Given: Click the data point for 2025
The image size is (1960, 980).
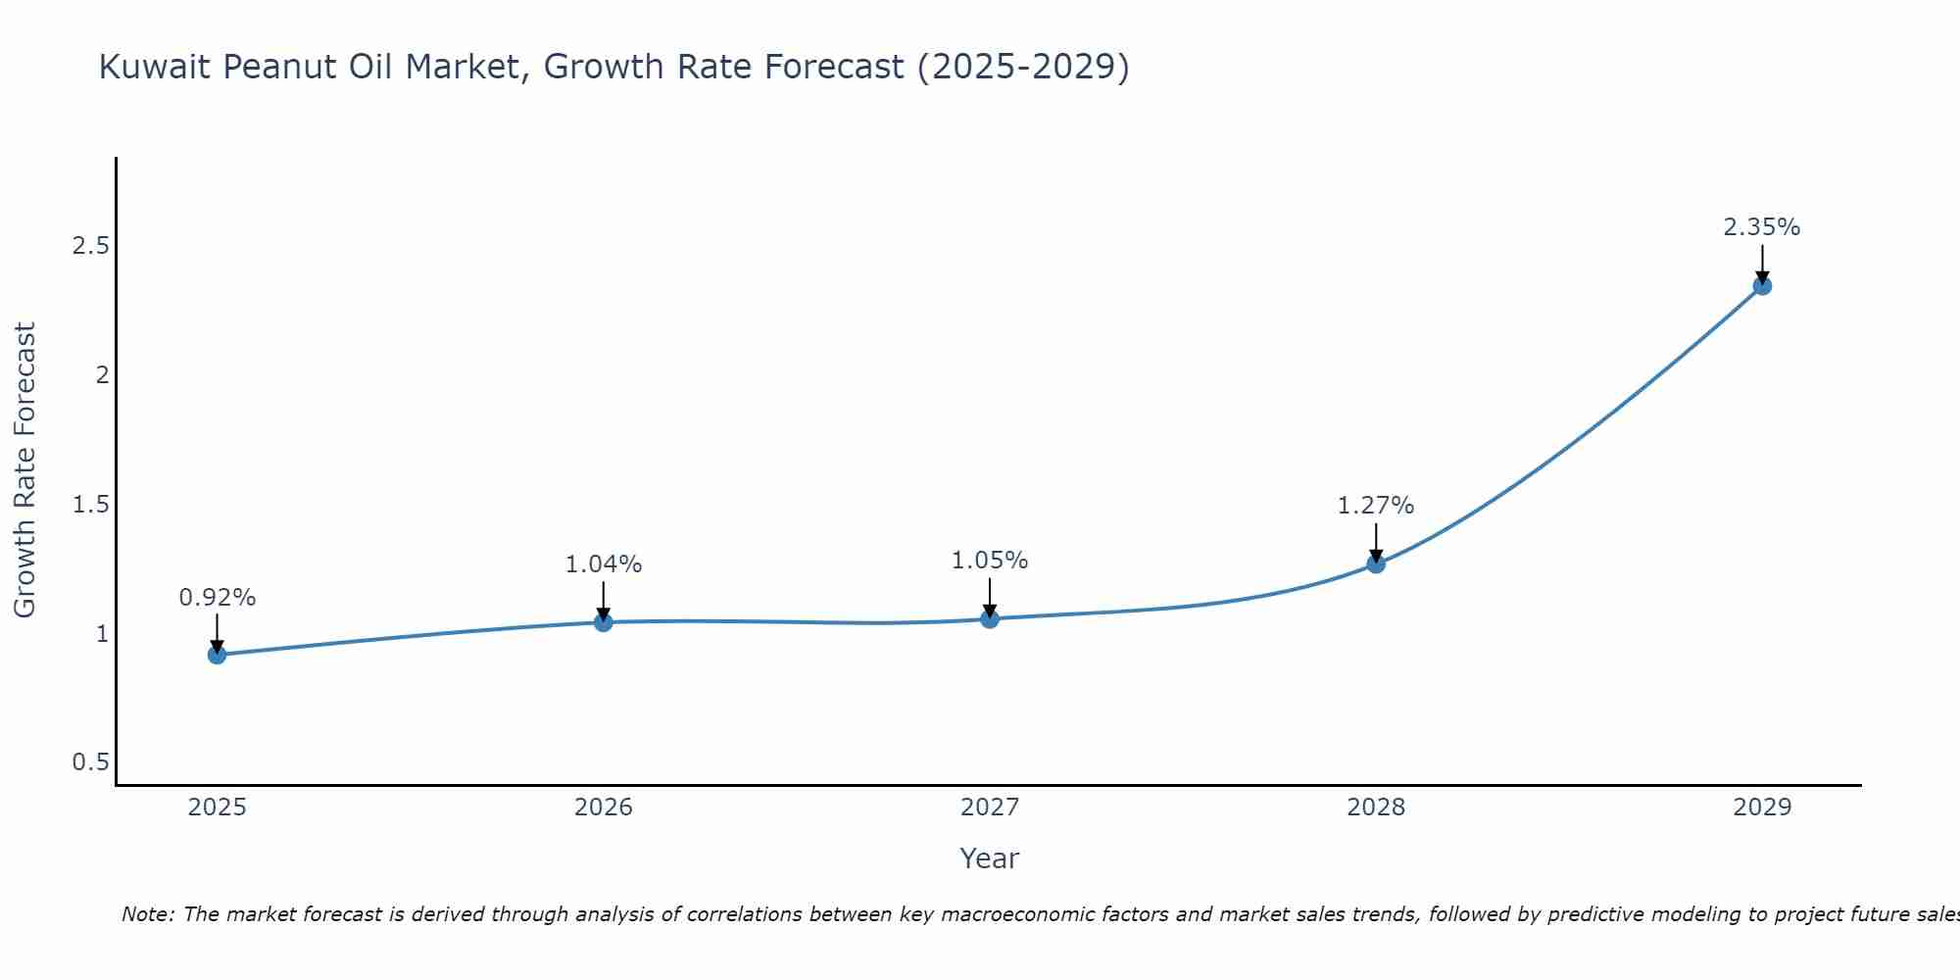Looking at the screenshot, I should click(218, 655).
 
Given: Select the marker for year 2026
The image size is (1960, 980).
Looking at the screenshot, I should click(604, 622).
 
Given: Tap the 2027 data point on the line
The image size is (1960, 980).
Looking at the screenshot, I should click(990, 619).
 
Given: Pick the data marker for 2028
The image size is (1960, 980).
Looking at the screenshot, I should click(1376, 563).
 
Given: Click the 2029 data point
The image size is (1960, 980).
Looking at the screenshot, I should click(1762, 286).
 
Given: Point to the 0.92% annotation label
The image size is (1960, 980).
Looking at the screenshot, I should click(218, 598).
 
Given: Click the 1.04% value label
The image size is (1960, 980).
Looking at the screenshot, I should click(604, 564).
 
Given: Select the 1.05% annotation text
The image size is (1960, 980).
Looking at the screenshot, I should click(990, 561).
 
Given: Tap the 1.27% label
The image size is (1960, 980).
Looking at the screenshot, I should click(1376, 506).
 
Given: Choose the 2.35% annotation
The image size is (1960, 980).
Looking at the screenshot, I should click(1762, 227).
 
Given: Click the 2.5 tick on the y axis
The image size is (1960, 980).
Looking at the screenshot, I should click(90, 246).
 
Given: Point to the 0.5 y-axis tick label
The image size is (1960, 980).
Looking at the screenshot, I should click(90, 762).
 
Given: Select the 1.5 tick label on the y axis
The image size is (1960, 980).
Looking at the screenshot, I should click(90, 505).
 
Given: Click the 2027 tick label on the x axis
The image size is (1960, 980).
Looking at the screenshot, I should click(990, 808).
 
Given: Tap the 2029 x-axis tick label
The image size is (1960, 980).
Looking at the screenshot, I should click(1762, 808).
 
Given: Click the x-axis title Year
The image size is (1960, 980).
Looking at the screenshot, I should click(990, 858).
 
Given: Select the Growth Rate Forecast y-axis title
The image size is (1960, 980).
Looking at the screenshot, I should click(24, 470).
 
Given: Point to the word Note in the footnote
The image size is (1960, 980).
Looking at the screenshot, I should click(147, 914).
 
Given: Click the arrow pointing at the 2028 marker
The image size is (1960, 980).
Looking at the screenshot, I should click(1376, 541).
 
